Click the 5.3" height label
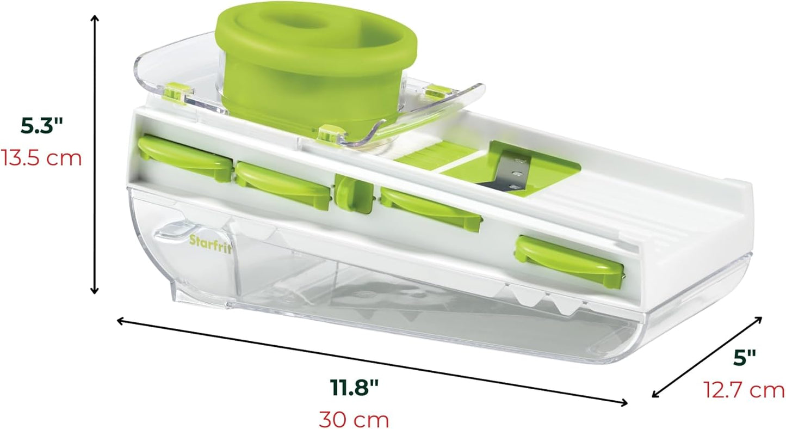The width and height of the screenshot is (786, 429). tap(41, 126)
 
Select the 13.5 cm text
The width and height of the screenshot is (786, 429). tap(41, 158)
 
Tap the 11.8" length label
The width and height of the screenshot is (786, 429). tap(354, 388)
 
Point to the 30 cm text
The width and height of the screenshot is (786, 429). tap(354, 419)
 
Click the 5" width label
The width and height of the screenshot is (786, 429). tap(745, 358)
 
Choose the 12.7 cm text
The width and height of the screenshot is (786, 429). tap(744, 390)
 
